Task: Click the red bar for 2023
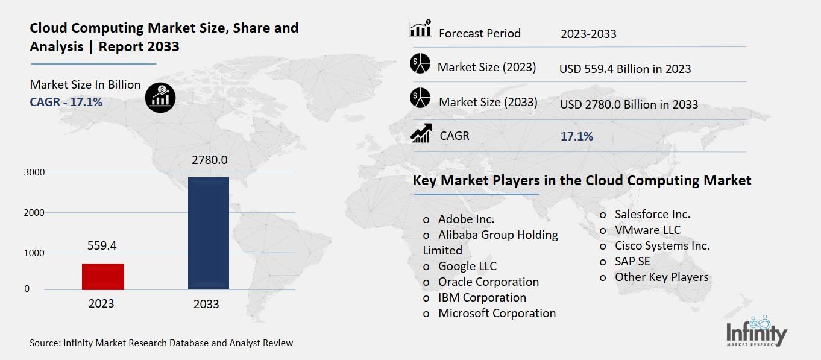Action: [103, 276]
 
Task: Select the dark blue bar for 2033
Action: [208, 233]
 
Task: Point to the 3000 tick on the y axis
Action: [34, 172]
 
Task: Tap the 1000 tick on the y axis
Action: [34, 253]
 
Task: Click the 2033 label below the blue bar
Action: [206, 305]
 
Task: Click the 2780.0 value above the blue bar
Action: [210, 160]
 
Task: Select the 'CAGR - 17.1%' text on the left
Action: [66, 102]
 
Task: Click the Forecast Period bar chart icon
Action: [420, 28]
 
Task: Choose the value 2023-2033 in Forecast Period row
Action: [588, 34]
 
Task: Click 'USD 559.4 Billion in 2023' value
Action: [625, 69]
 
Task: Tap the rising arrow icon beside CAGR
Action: [420, 133]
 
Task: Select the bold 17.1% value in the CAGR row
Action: [577, 137]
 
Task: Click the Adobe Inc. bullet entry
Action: [465, 219]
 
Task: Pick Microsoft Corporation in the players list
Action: [496, 313]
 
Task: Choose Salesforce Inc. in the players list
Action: [652, 214]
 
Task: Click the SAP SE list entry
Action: [632, 261]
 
